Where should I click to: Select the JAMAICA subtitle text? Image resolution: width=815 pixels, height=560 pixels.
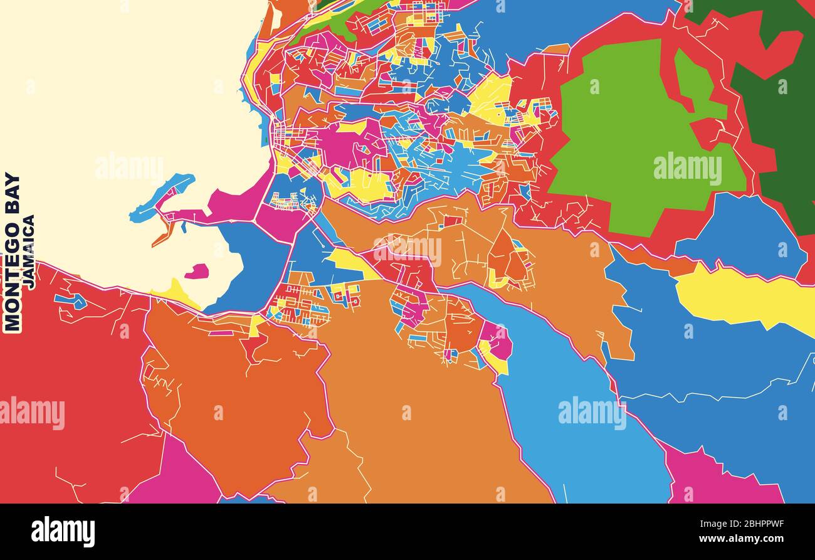pos(29,251)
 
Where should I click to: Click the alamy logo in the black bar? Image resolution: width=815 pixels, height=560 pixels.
pos(63,531)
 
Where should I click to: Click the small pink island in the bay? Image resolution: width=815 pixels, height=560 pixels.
pos(197,272)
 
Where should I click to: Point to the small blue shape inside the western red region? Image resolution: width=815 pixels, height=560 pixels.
pos(70,301)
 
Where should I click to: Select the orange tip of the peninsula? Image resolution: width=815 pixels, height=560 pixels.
pos(162,236)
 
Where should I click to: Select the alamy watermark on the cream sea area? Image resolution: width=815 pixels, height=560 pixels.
pos(129,169)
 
